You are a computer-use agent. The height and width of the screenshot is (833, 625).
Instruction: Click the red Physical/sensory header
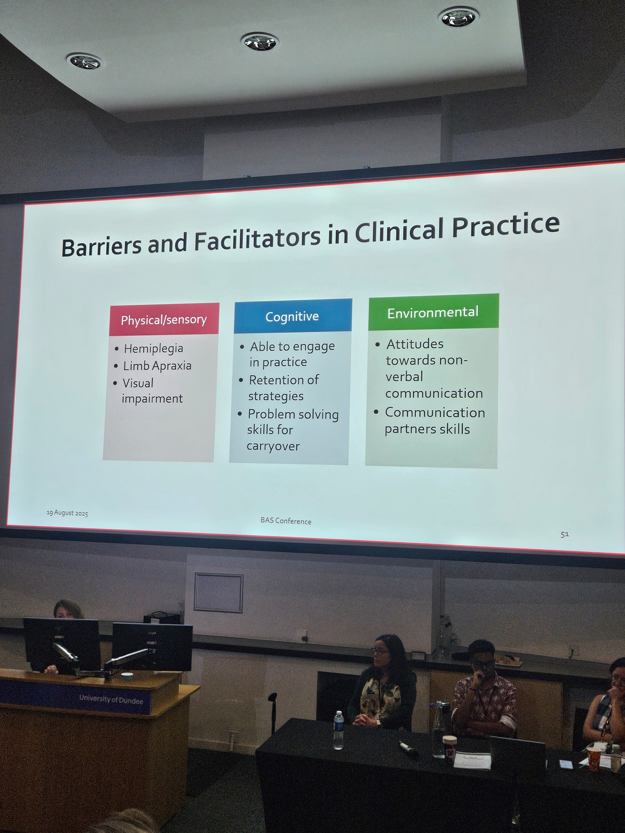tap(164, 319)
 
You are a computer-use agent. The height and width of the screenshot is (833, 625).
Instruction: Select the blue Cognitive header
tap(293, 316)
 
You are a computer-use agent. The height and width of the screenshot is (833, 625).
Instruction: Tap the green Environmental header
tap(433, 312)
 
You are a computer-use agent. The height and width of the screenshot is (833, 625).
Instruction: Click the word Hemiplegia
tap(154, 348)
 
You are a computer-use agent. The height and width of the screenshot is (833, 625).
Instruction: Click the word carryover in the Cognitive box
tap(273, 446)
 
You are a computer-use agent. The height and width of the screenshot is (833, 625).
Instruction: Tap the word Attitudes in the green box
tap(415, 344)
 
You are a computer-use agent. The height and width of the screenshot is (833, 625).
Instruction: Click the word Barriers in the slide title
tap(102, 246)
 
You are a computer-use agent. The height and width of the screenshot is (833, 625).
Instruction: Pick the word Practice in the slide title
tap(506, 225)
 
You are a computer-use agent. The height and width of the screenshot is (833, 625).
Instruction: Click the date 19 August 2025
tap(67, 513)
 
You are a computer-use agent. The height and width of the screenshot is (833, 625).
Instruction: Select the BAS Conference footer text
tap(286, 521)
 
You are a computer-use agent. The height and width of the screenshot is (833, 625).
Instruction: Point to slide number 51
tap(565, 534)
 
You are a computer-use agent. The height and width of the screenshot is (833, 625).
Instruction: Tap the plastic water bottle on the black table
tap(339, 730)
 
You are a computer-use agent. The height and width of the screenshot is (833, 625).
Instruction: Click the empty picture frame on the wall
tap(219, 593)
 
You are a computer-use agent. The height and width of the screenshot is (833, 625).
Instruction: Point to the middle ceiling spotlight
tap(260, 42)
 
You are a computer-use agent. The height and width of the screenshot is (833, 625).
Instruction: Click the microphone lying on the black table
tap(407, 748)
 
